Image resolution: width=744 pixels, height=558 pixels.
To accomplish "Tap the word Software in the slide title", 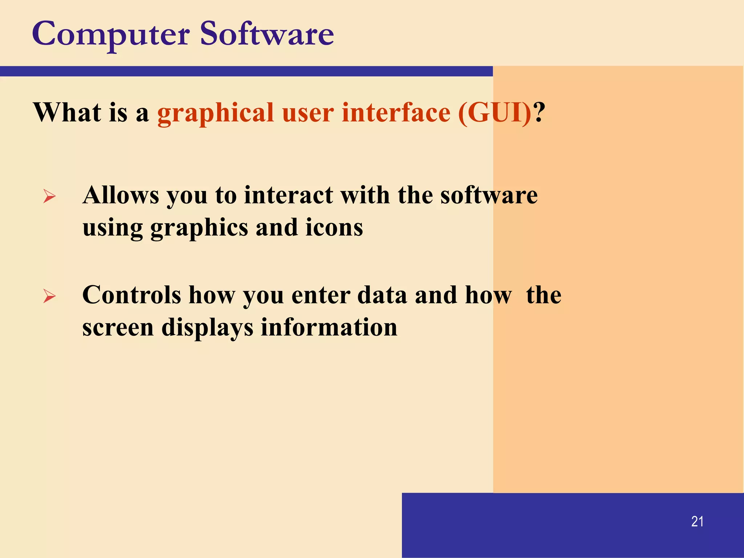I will coord(267,34).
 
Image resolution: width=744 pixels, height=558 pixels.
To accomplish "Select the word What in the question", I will coord(67,112).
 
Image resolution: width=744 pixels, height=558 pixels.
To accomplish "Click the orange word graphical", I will coord(215,113).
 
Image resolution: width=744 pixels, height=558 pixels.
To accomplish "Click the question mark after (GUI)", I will coord(540,112).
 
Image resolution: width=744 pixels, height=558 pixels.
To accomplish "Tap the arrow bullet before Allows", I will coord(49,196).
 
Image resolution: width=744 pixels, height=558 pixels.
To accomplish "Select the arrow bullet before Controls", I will coord(49,296).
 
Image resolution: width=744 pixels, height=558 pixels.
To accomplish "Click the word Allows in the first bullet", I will coord(121,195).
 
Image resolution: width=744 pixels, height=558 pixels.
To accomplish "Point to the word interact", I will coord(288,195).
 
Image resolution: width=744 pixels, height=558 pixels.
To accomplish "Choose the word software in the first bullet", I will coord(489,195).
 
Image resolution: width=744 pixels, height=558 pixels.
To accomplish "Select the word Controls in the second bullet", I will coord(132,295).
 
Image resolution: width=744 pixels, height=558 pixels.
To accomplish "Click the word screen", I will coord(118,327).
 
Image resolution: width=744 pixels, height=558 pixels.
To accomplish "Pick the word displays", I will coord(207,327).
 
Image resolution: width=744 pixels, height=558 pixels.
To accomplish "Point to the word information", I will coord(329,327).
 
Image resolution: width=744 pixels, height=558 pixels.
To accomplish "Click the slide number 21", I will coord(697,522).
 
